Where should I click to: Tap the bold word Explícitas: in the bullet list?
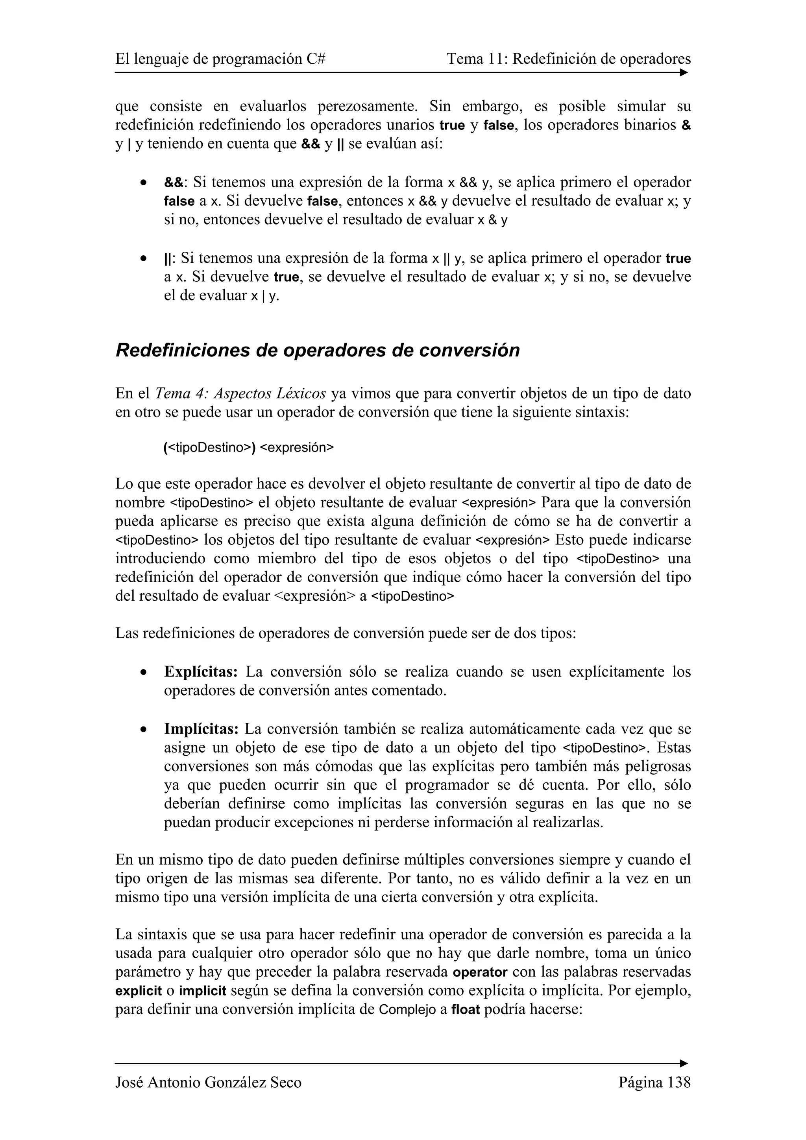coord(201,672)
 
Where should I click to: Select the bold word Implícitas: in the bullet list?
coord(201,729)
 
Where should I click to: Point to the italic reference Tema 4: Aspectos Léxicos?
coord(240,394)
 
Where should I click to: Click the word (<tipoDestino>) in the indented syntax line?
coord(209,447)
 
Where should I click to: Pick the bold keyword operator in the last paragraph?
coord(480,972)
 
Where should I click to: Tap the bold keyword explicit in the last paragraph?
coord(139,991)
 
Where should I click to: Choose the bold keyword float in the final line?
coord(465,1010)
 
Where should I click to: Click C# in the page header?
coord(316,59)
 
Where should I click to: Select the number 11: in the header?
coord(497,59)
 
